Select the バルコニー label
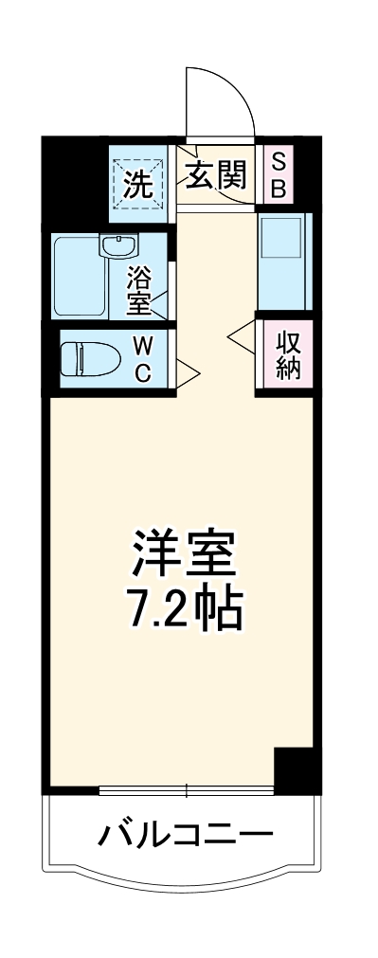pos(187,835)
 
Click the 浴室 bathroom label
pos(139,290)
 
